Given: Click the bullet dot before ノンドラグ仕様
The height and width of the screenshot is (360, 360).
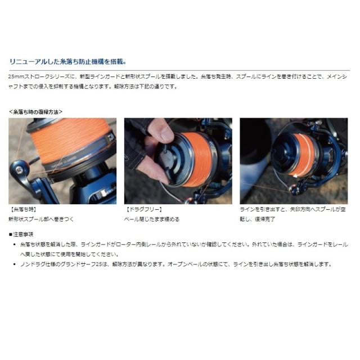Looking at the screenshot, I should coord(15,263).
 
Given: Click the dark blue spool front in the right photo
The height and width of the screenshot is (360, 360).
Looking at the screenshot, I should coord(281,155).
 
